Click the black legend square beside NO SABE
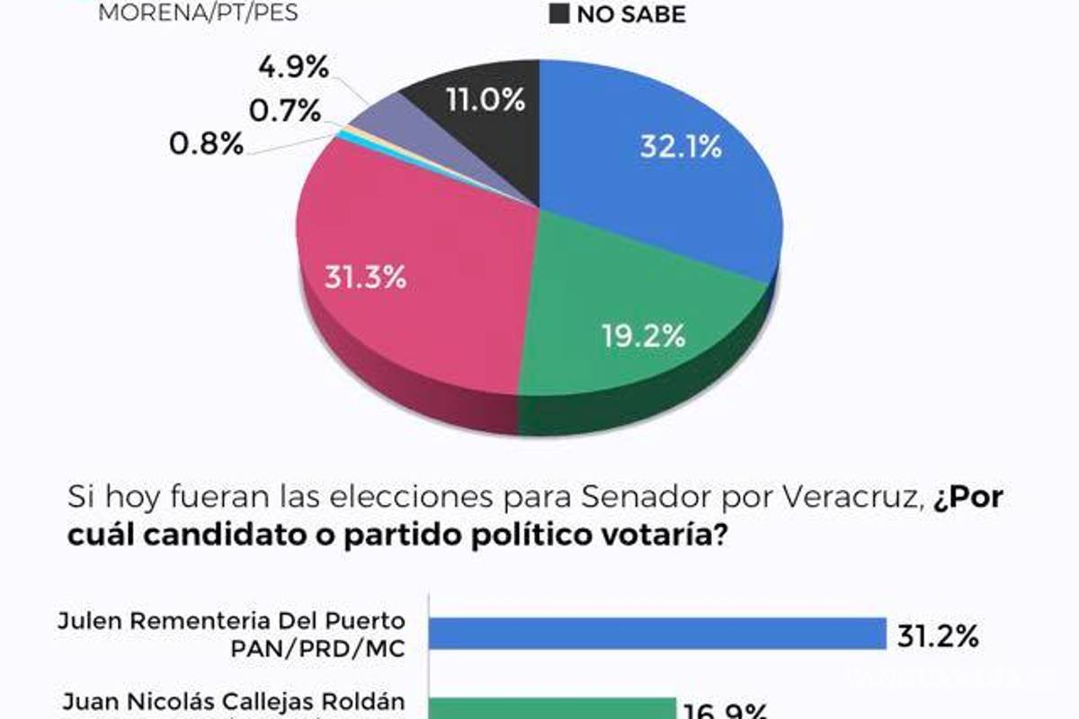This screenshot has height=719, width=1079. (x=558, y=13)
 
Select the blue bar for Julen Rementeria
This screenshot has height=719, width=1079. (x=657, y=634)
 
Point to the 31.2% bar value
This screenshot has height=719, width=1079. (x=937, y=635)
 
